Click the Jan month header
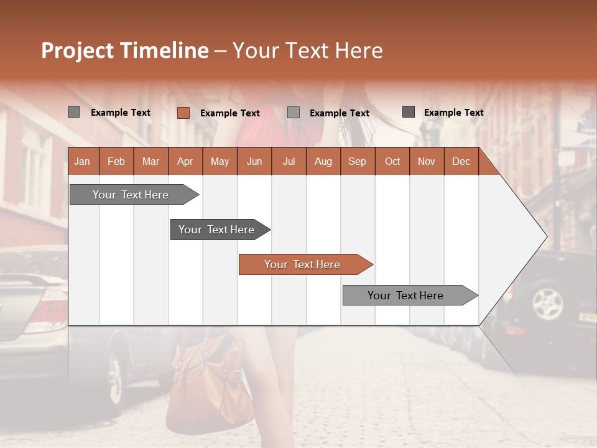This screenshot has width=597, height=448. [82, 161]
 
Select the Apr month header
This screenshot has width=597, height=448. [185, 161]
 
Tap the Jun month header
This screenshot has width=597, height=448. [254, 161]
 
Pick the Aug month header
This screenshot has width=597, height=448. [323, 161]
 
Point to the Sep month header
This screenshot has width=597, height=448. [357, 161]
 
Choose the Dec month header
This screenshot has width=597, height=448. [461, 161]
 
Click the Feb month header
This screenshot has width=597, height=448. [116, 161]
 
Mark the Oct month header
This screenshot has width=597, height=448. [392, 161]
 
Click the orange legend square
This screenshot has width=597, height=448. [183, 113]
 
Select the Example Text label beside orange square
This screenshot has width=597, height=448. [229, 113]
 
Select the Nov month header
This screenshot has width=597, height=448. [427, 161]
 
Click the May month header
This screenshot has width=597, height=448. [220, 161]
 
